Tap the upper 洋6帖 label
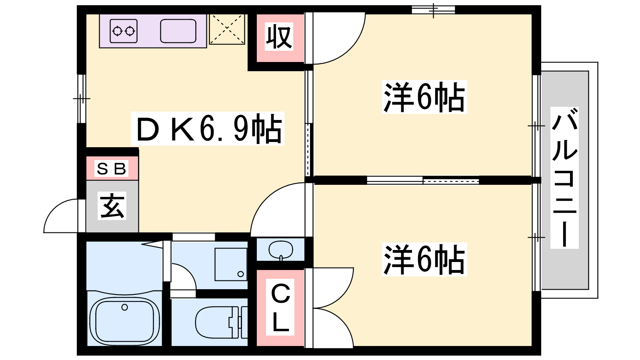click(424, 97)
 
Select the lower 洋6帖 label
click(424, 259)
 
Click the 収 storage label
click(279, 37)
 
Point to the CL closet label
click(280, 307)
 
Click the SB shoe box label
click(111, 168)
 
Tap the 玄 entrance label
click(112, 206)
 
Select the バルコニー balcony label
click(564, 178)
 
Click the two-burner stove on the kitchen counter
click(124, 31)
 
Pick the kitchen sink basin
click(178, 31)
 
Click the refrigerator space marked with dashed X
click(227, 29)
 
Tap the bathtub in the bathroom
click(124, 322)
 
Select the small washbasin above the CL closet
click(281, 250)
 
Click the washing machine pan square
click(231, 264)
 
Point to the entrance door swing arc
click(61, 216)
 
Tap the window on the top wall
click(433, 10)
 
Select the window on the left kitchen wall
click(82, 99)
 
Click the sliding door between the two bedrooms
click(423, 180)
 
